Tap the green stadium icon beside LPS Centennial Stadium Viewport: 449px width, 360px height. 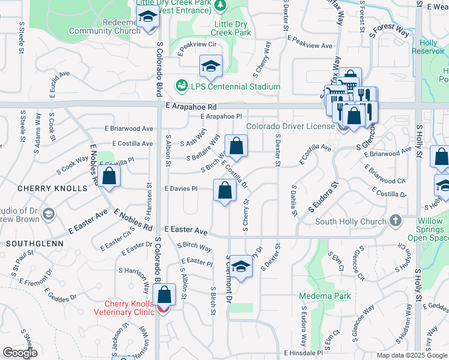pos(181,86)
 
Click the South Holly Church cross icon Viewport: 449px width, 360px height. pos(395,221)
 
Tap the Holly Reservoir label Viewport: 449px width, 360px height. pos(429,47)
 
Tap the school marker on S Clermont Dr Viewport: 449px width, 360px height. pos(241,266)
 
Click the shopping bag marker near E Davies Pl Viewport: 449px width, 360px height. pos(224,191)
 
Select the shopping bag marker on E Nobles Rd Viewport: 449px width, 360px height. pos(109,176)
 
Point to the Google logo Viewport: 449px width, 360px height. pos(20,353)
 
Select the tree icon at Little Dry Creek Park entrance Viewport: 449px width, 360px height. pos(221,5)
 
